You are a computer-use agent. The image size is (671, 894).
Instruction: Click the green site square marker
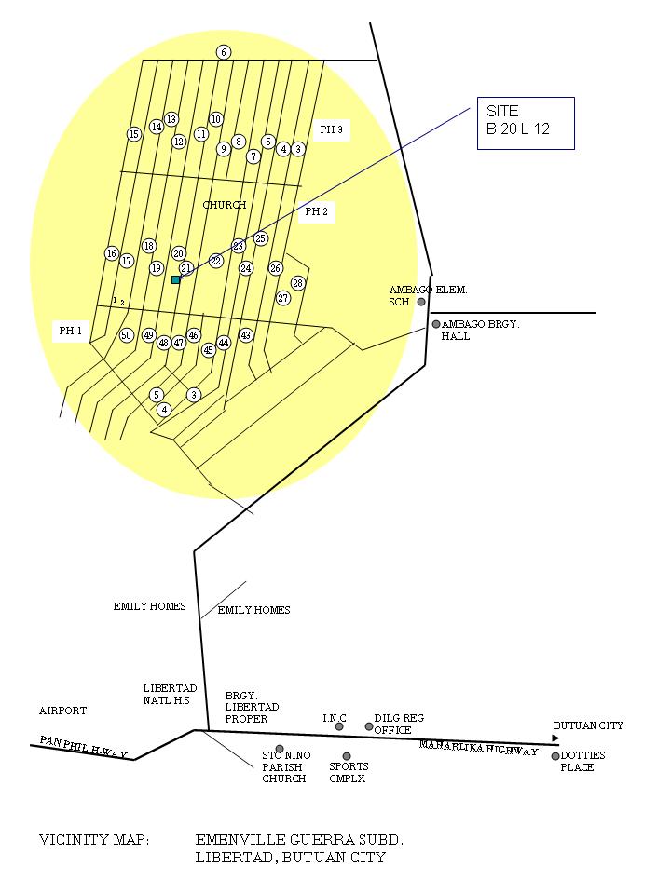click(x=175, y=279)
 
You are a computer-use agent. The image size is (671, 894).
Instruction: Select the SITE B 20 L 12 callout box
click(x=526, y=123)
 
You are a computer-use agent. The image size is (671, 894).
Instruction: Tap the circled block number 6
click(x=224, y=52)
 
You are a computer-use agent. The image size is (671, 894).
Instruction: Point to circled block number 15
click(x=134, y=134)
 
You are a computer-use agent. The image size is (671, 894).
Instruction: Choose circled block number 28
click(x=298, y=283)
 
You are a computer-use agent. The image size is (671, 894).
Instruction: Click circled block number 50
click(x=127, y=335)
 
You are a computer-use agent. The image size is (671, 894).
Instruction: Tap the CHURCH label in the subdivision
click(x=225, y=205)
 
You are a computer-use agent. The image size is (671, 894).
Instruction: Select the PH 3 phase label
click(x=332, y=130)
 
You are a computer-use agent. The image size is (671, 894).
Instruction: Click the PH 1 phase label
click(x=71, y=331)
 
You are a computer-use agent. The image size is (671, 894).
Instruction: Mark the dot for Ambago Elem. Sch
click(x=421, y=302)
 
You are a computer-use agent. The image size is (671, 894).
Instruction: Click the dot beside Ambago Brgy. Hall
click(x=435, y=324)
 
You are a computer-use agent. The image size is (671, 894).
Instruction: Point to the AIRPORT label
click(x=62, y=711)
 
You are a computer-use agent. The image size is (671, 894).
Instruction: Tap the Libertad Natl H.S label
click(x=171, y=694)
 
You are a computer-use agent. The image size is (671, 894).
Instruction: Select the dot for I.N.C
click(x=339, y=726)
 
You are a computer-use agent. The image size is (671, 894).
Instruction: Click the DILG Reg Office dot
click(x=369, y=726)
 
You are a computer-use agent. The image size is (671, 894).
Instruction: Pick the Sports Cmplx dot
click(x=347, y=756)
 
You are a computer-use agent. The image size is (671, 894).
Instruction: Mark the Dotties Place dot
click(x=555, y=756)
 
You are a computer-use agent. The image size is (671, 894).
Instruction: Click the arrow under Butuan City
click(x=547, y=738)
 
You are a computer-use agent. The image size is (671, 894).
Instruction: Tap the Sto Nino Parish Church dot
click(x=280, y=749)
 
